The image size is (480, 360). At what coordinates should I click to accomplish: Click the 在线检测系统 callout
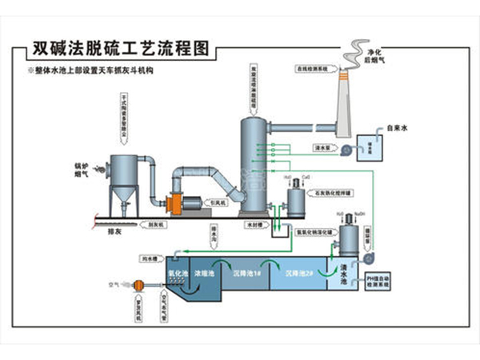point(310,70)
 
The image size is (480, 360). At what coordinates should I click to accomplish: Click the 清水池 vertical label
point(344,274)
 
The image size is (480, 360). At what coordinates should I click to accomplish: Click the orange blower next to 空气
point(138,282)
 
